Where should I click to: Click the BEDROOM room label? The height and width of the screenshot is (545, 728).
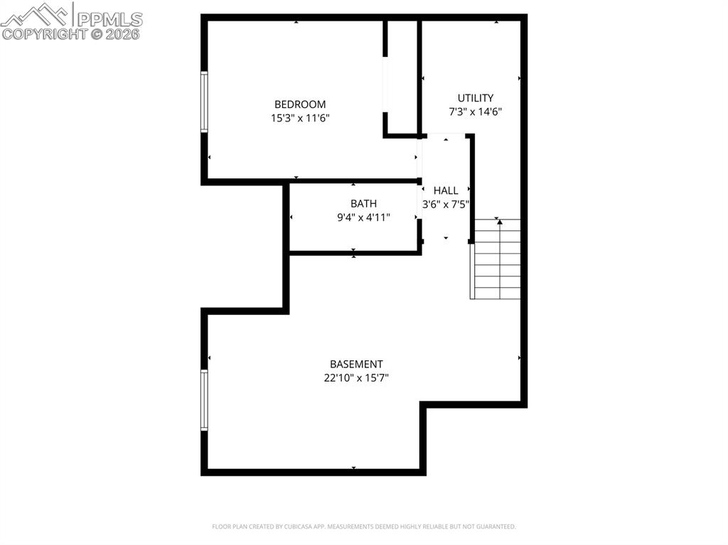click(x=300, y=104)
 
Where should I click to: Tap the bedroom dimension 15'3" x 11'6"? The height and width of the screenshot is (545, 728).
click(x=300, y=118)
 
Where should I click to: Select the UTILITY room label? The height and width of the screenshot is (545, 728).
click(x=476, y=98)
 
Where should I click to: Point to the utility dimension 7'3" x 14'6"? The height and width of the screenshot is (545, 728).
click(x=476, y=112)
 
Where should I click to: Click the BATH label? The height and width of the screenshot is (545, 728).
click(x=363, y=204)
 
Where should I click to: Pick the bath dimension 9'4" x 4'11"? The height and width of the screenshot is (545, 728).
click(x=363, y=217)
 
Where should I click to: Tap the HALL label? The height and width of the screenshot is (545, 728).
click(x=446, y=190)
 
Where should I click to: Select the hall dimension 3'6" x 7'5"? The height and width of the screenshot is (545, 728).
click(x=446, y=205)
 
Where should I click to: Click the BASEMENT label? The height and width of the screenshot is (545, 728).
click(x=356, y=365)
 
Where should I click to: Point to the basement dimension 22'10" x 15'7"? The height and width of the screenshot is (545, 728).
click(x=356, y=378)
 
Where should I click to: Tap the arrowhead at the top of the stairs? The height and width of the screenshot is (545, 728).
click(x=499, y=222)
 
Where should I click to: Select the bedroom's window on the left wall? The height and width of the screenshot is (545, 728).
click(x=204, y=102)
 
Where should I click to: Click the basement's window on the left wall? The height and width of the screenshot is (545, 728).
click(x=204, y=400)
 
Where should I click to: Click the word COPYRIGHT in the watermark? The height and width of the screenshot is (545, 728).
click(x=43, y=33)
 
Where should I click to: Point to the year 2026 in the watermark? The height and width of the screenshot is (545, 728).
click(x=124, y=33)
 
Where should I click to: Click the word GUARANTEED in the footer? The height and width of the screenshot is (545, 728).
click(x=494, y=527)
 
